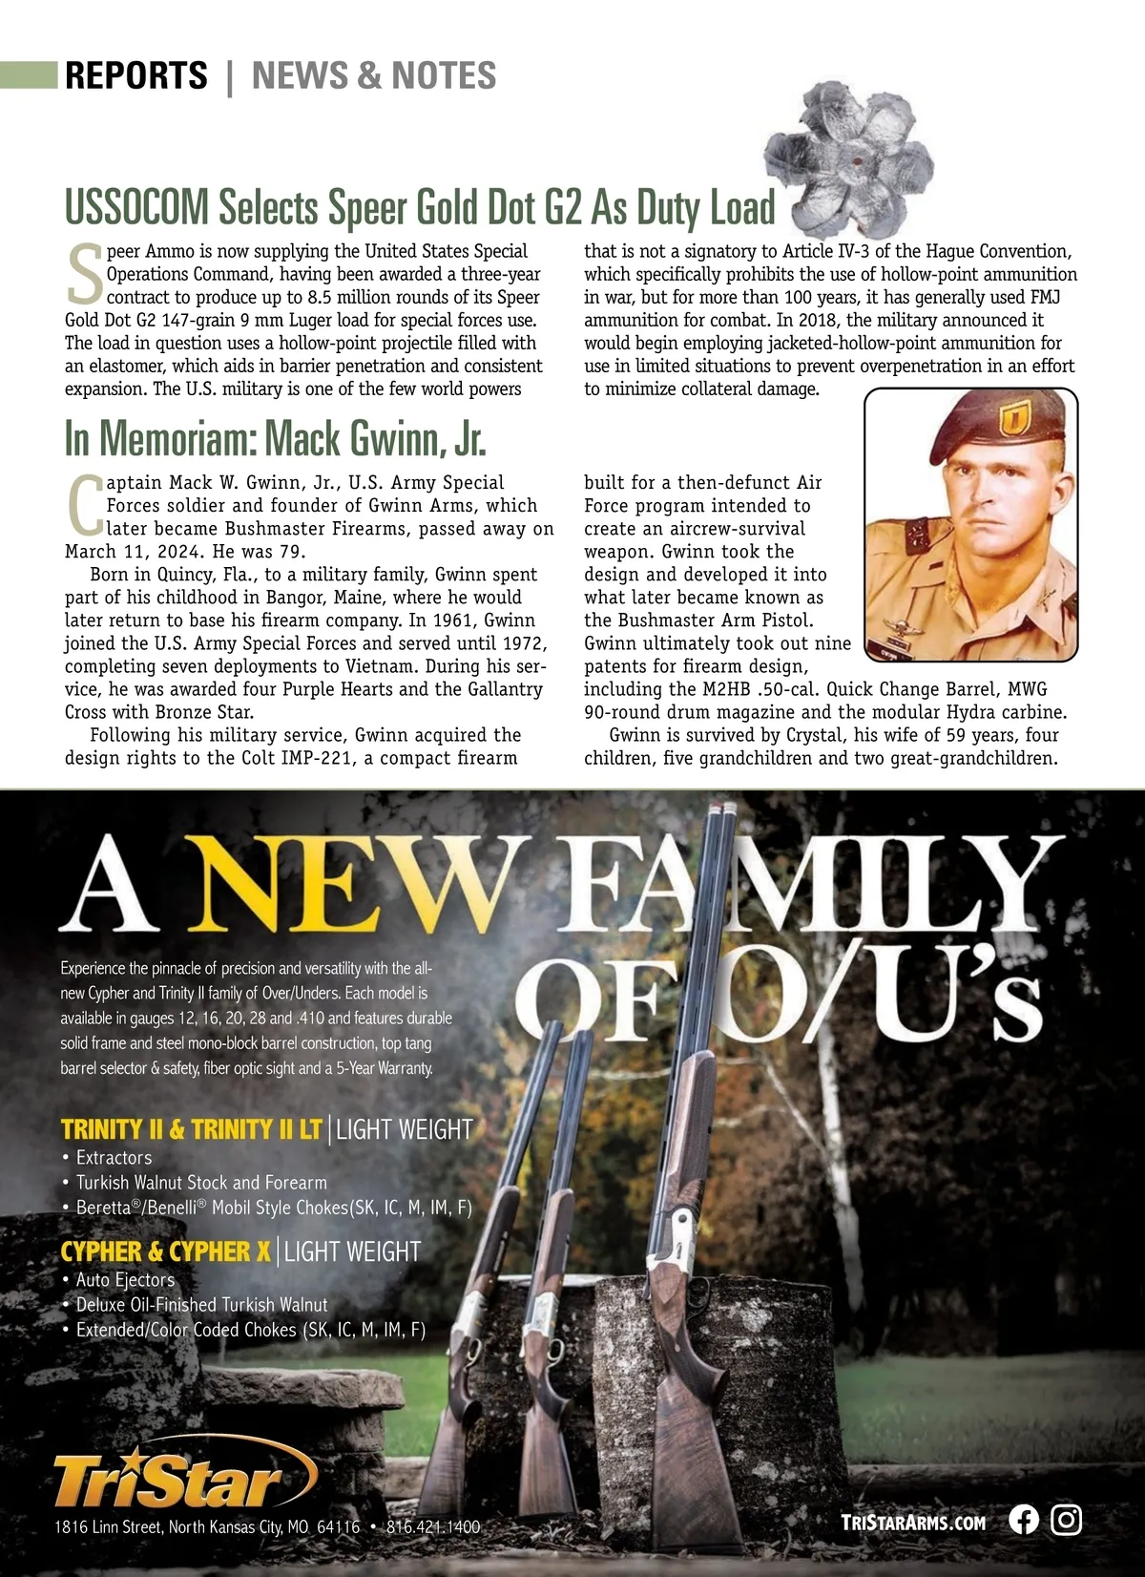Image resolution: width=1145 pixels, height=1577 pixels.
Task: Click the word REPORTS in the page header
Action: click(x=136, y=75)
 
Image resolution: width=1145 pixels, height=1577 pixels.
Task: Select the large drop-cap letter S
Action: click(x=85, y=275)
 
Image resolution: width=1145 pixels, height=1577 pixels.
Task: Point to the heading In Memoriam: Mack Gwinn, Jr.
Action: click(x=275, y=438)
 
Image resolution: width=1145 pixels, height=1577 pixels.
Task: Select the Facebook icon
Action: click(x=1024, y=1520)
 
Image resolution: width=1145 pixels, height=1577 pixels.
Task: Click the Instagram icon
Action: click(x=1067, y=1520)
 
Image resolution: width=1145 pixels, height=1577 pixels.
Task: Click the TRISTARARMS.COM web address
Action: click(x=913, y=1523)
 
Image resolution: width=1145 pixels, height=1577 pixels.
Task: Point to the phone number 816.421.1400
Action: click(x=433, y=1527)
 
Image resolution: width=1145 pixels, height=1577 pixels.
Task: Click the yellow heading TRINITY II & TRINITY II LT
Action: click(x=191, y=1130)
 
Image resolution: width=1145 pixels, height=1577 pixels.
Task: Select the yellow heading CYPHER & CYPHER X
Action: click(x=166, y=1251)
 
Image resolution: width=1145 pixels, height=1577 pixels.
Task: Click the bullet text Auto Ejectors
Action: click(x=125, y=1280)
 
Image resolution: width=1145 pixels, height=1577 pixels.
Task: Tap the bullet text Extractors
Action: click(x=114, y=1158)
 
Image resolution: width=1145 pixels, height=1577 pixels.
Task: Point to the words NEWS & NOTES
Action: click(x=374, y=75)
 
